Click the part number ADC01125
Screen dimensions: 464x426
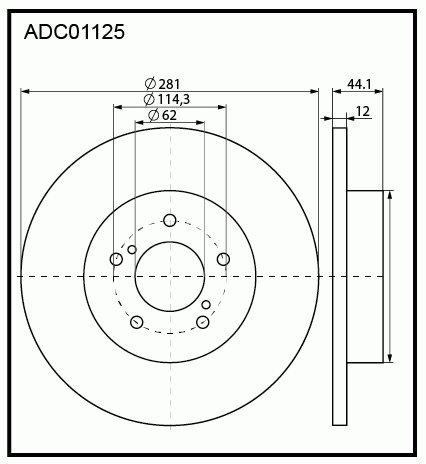point(74,33)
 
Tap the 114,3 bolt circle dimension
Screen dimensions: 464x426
point(173,99)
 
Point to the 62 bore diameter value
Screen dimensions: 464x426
point(168,115)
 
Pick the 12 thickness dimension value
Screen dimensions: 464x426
point(362,110)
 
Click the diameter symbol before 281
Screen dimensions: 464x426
point(149,83)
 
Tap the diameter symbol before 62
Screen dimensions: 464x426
point(153,115)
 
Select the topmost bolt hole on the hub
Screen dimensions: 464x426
point(170,220)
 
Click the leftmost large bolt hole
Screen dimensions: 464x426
point(117,259)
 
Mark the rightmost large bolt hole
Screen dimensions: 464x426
point(223,259)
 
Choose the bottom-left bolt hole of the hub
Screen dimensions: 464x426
point(137,321)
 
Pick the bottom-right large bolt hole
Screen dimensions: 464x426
point(203,321)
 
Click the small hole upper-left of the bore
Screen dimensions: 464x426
point(132,248)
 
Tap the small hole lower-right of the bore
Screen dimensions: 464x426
point(207,304)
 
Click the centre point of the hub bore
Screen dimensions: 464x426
point(170,276)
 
